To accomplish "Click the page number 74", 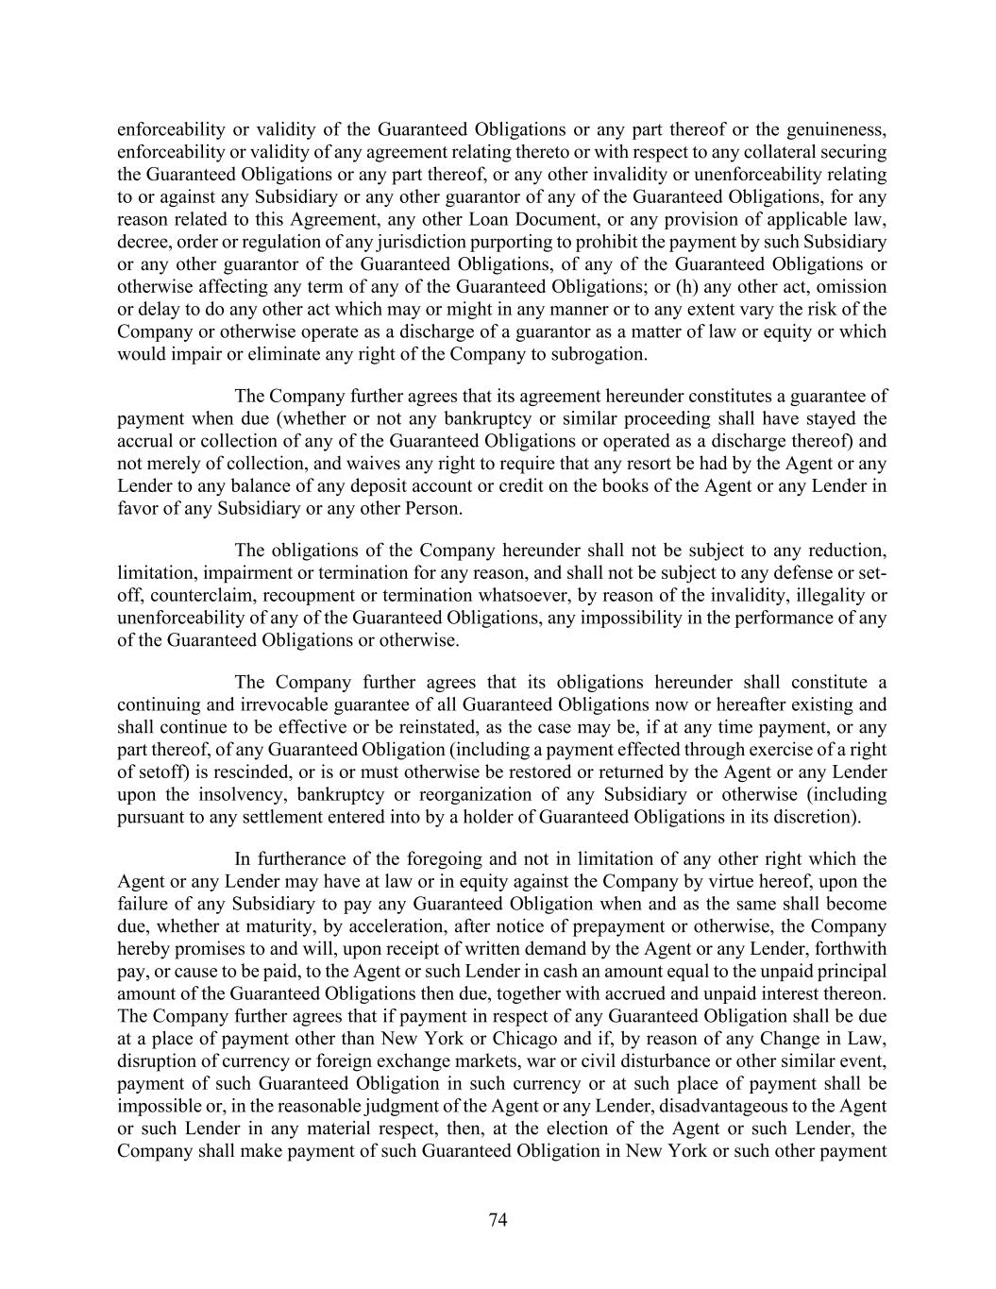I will point(498,1220).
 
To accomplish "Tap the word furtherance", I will point(313,859).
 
